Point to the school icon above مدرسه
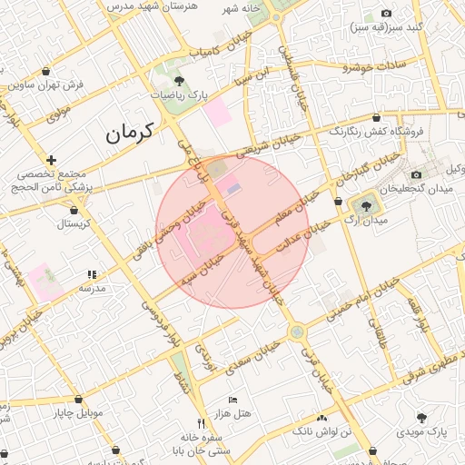tap(91, 274)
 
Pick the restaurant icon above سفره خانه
tap(201, 423)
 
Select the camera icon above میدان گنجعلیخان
tap(417, 174)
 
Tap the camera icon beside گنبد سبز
tap(386, 14)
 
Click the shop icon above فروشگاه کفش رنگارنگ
tap(376, 117)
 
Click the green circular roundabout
tap(297, 332)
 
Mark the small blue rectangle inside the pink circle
tap(233, 188)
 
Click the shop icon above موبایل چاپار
tap(78, 400)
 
